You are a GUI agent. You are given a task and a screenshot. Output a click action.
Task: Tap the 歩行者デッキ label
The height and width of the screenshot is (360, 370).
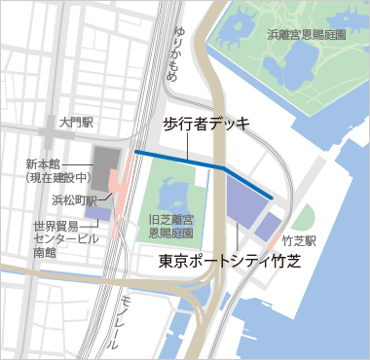205,124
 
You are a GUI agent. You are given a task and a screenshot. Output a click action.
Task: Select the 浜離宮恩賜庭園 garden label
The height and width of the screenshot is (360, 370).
307,35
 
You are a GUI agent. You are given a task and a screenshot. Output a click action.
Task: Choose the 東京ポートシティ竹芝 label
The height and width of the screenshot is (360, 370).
233,262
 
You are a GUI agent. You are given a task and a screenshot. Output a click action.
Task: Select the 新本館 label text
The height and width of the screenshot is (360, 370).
44,163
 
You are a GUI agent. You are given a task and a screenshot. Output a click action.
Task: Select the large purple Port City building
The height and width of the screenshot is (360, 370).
243,200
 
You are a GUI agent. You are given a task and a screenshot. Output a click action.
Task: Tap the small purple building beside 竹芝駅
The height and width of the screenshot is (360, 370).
266,227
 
